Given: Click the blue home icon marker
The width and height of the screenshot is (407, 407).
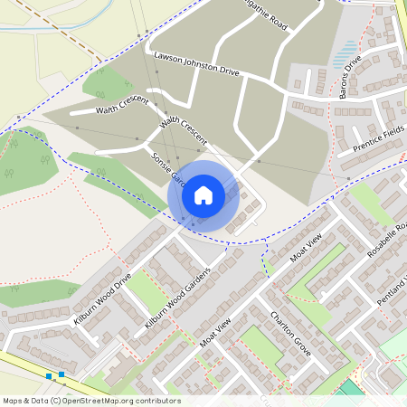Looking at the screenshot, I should click(203, 194).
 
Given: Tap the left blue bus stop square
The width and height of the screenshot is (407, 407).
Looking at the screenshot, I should click(49, 375).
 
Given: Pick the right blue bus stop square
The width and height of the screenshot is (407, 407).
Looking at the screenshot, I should click(62, 374).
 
